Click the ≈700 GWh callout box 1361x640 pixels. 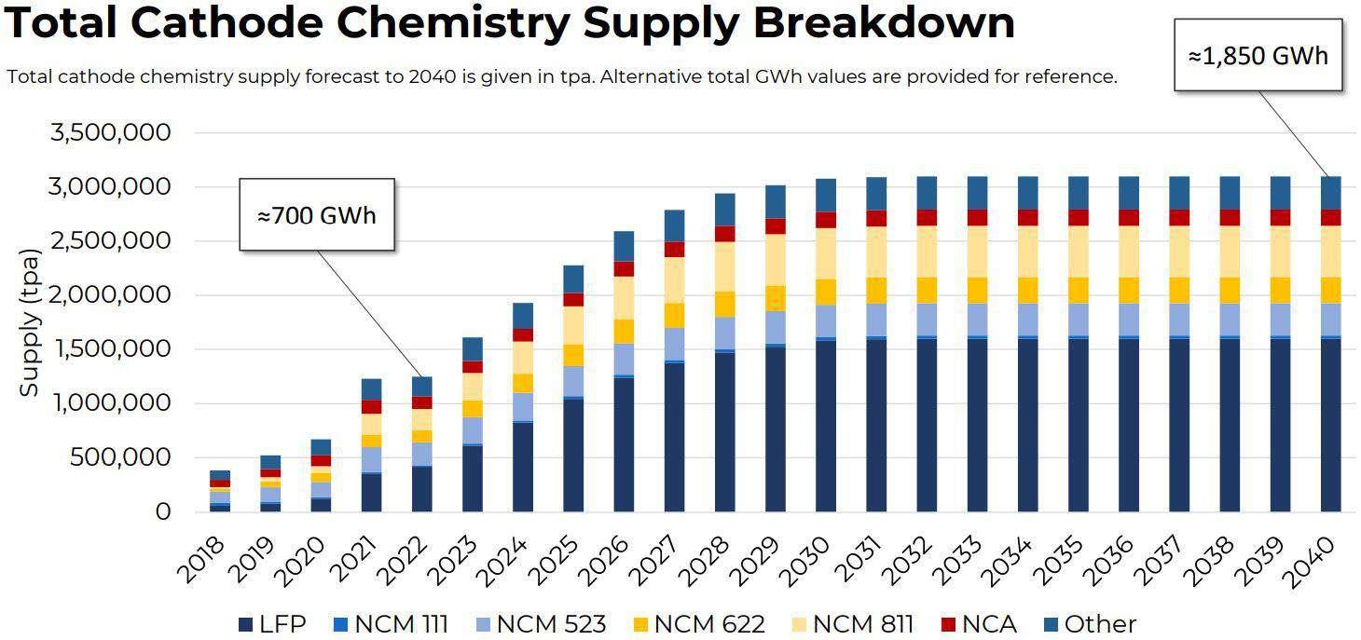pyautogui.click(x=317, y=215)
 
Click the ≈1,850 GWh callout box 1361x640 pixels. pyautogui.click(x=1258, y=56)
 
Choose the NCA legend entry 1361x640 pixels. pyautogui.click(x=978, y=624)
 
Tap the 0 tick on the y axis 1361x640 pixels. pyautogui.click(x=163, y=511)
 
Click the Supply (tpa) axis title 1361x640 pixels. pyautogui.click(x=30, y=322)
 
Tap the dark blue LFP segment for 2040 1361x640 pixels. pyautogui.click(x=1330, y=424)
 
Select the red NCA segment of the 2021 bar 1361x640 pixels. pyautogui.click(x=371, y=406)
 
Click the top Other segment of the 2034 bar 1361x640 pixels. pyautogui.click(x=1027, y=193)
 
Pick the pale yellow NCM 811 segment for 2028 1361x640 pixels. pyautogui.click(x=725, y=266)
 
